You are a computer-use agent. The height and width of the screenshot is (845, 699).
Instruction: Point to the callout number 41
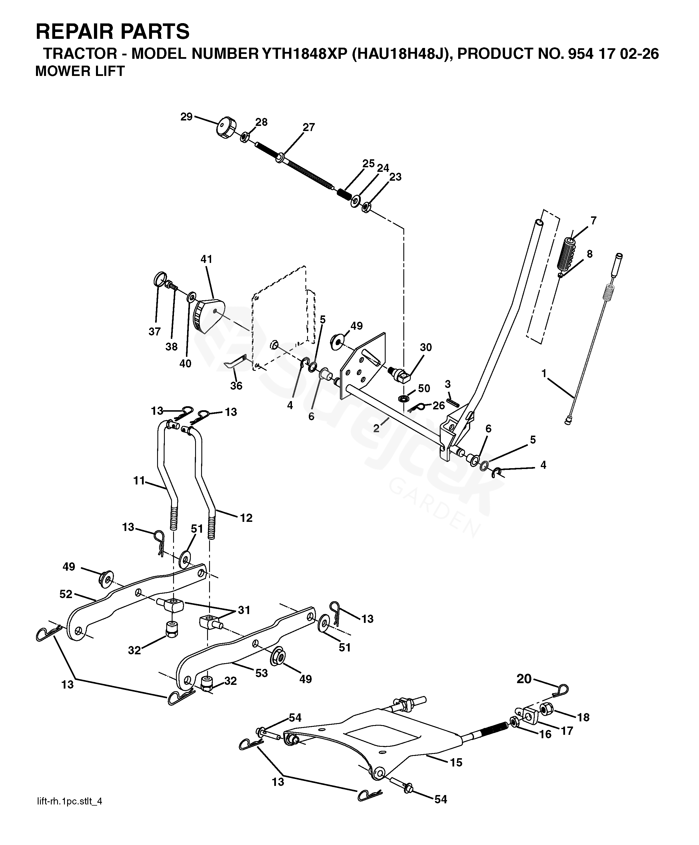click(x=206, y=259)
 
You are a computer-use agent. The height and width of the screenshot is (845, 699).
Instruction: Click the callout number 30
click(x=426, y=347)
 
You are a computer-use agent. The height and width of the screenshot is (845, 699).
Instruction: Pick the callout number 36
click(x=236, y=386)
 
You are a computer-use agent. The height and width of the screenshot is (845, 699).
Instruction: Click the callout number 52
click(x=66, y=594)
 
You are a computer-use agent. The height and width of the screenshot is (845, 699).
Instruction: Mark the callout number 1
click(x=544, y=374)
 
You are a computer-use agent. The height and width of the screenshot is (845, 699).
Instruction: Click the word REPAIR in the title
click(x=75, y=32)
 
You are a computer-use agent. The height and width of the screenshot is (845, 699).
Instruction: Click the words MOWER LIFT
click(x=80, y=71)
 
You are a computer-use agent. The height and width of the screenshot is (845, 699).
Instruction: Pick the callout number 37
click(x=155, y=331)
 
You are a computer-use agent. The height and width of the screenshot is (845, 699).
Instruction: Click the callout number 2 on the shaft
click(x=376, y=428)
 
